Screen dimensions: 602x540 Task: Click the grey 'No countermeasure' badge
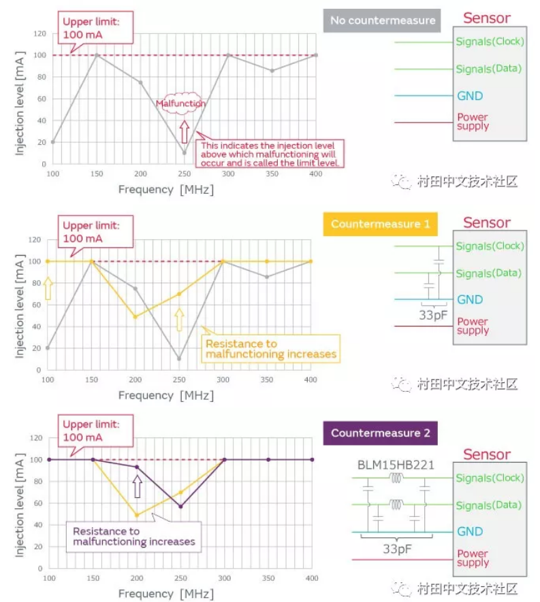383,20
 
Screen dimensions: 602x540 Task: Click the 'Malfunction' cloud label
180,103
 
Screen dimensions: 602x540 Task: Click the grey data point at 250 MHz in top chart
184,152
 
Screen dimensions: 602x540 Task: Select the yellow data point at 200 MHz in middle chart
136,316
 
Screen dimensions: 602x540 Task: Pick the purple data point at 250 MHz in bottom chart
180,507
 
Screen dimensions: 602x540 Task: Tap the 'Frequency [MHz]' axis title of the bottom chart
165,594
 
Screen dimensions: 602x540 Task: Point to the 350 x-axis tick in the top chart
272,174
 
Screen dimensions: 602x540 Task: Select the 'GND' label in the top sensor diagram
469,96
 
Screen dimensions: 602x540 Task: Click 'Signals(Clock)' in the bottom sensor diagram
490,478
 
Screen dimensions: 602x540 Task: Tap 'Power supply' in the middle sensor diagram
473,326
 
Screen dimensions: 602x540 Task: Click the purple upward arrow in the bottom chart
137,486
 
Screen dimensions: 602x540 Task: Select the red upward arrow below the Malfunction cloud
183,130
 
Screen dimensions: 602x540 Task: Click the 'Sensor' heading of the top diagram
486,18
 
